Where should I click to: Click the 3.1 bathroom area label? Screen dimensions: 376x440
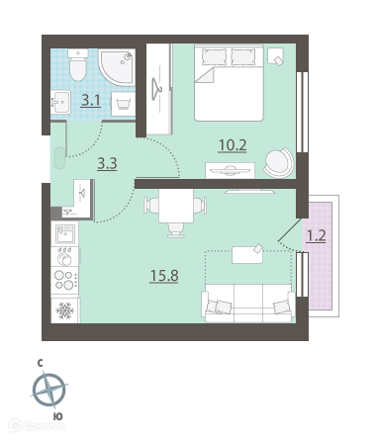(x=91, y=100)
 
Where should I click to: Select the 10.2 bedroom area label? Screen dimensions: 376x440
(x=233, y=145)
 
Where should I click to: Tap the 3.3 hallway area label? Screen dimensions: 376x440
(x=107, y=163)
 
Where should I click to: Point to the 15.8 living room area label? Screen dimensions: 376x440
(x=164, y=276)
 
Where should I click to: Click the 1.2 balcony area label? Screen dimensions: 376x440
(x=317, y=235)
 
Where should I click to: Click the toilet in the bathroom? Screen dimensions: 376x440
(x=78, y=64)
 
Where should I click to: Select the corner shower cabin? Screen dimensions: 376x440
(x=117, y=67)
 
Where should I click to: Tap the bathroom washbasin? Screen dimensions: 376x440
(x=60, y=102)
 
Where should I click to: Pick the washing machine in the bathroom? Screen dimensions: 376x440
(x=123, y=104)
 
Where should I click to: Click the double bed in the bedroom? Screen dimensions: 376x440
(x=229, y=83)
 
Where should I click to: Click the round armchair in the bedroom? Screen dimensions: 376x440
(x=279, y=162)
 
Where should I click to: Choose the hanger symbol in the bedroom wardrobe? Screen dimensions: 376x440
(x=156, y=89)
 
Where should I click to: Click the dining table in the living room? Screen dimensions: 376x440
(x=176, y=206)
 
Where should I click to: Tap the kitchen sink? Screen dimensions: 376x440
(x=65, y=234)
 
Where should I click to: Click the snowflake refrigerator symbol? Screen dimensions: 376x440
(x=64, y=310)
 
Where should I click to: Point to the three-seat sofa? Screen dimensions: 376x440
(x=248, y=303)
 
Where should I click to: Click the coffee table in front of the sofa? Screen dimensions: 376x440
(x=247, y=255)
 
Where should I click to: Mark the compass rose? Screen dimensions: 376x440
(x=49, y=390)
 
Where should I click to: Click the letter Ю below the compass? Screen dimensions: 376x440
(x=58, y=416)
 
